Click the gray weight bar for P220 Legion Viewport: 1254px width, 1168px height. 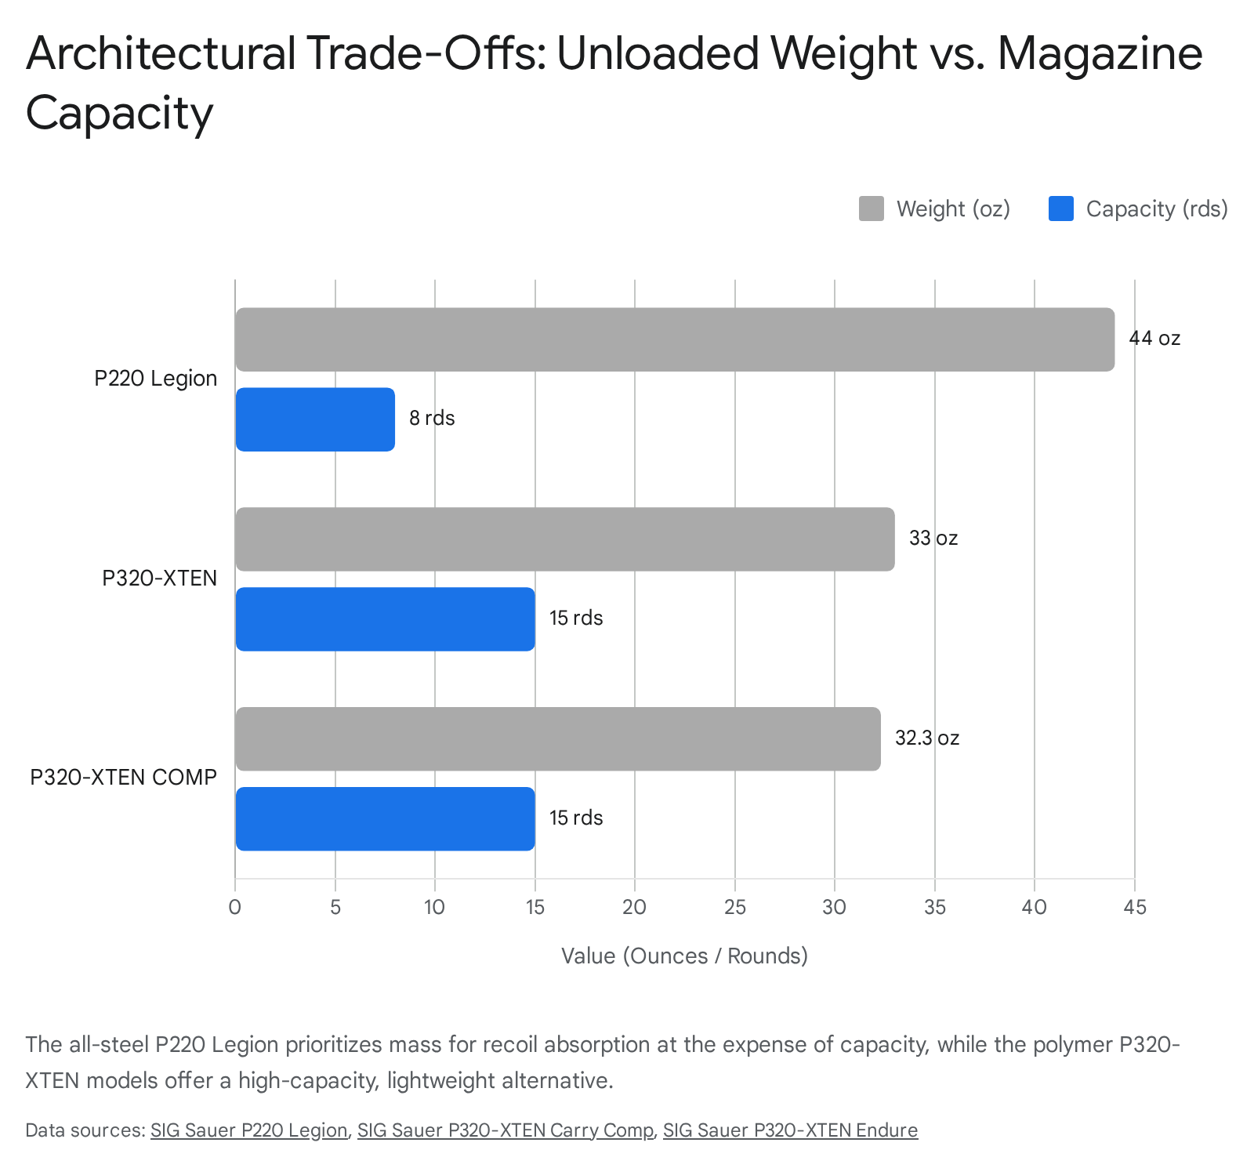click(x=674, y=339)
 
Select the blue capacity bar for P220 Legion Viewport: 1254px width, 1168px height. click(x=315, y=419)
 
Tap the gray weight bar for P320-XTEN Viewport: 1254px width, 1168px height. click(x=564, y=539)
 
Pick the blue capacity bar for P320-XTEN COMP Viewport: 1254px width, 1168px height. click(x=385, y=818)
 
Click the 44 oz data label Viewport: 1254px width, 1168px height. click(x=1154, y=339)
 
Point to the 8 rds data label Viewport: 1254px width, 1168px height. click(x=432, y=419)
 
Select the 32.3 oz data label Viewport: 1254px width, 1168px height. click(x=926, y=738)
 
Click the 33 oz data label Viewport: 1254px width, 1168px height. click(x=933, y=539)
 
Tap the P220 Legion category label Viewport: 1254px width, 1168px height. click(x=155, y=379)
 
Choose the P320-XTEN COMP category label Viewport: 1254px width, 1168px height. click(x=123, y=778)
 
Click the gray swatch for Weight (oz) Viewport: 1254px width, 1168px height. click(x=871, y=209)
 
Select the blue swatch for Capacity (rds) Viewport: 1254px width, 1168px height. click(x=1060, y=209)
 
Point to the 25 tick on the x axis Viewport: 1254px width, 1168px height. click(x=734, y=908)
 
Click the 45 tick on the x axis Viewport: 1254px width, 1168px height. click(x=1134, y=908)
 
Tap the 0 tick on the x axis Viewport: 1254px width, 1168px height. click(x=235, y=908)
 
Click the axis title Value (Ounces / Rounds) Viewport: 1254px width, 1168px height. click(x=684, y=956)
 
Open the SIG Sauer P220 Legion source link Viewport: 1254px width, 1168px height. click(x=248, y=1130)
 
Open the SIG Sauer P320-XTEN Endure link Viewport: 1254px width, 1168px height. click(x=790, y=1130)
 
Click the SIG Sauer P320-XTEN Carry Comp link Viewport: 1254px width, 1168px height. click(x=505, y=1130)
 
